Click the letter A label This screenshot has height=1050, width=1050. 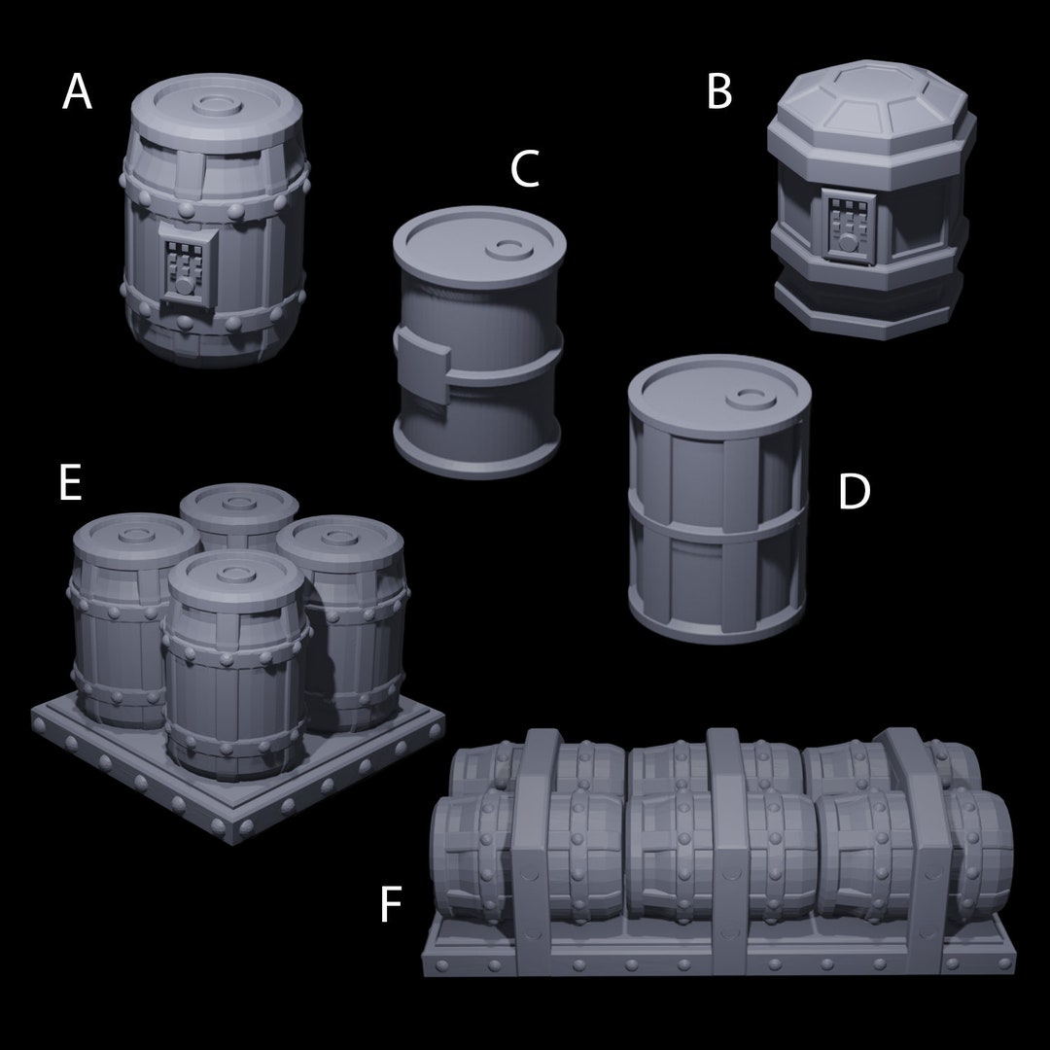tap(77, 93)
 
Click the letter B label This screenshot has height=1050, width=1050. tap(718, 93)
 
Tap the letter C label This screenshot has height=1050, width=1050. tap(525, 170)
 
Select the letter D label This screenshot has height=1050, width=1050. tap(854, 493)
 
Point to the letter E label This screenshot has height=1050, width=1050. tap(69, 483)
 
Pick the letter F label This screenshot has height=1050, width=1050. tap(390, 905)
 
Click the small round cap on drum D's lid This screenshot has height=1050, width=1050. tap(750, 397)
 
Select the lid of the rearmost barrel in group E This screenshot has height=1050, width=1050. tap(239, 505)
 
